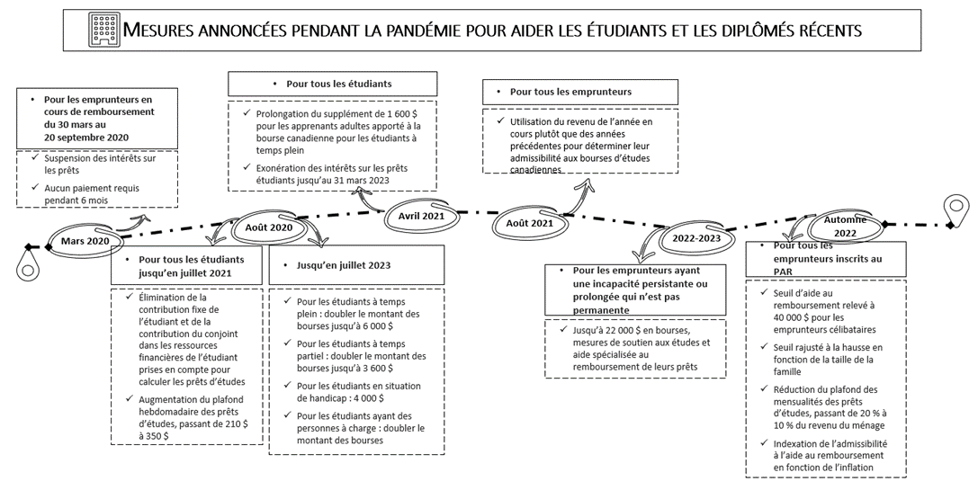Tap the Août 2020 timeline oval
coord(268,228)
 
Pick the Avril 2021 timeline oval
coord(421,216)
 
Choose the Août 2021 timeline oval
coord(529,223)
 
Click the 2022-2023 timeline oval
coord(695,238)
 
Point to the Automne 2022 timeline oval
coord(845,226)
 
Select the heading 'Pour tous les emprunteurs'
coord(570,92)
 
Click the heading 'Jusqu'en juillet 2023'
coord(344,265)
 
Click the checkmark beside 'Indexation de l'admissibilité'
coord(764,444)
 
